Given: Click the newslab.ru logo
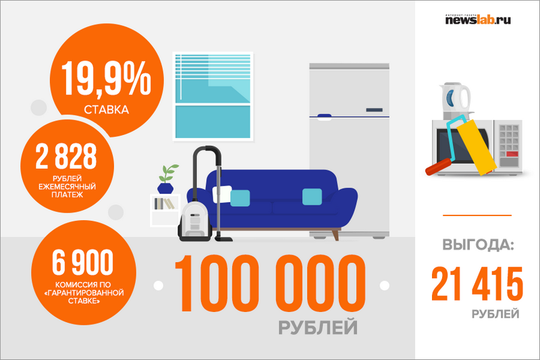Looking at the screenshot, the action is point(478,20).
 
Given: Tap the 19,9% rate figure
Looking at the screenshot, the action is point(107,78).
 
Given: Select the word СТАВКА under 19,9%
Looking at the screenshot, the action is point(107,110).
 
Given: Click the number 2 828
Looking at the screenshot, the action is point(66,157).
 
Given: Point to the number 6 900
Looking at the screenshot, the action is point(82,262).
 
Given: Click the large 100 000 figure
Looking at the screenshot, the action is point(271,284).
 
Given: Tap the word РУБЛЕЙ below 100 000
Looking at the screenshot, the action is point(318,328).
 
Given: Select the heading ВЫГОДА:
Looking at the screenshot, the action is point(478,245).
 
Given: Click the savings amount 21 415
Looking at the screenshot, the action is point(477,284).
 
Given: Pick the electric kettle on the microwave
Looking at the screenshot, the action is point(454,101).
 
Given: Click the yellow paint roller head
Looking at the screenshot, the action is point(476,147).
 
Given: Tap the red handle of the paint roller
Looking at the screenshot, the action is point(438,167).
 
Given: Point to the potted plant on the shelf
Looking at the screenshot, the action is point(166,179).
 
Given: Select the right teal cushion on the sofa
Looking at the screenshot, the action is point(312,197).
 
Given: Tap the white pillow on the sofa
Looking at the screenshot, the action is point(222,194).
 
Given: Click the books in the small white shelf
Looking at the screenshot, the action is point(163,203).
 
